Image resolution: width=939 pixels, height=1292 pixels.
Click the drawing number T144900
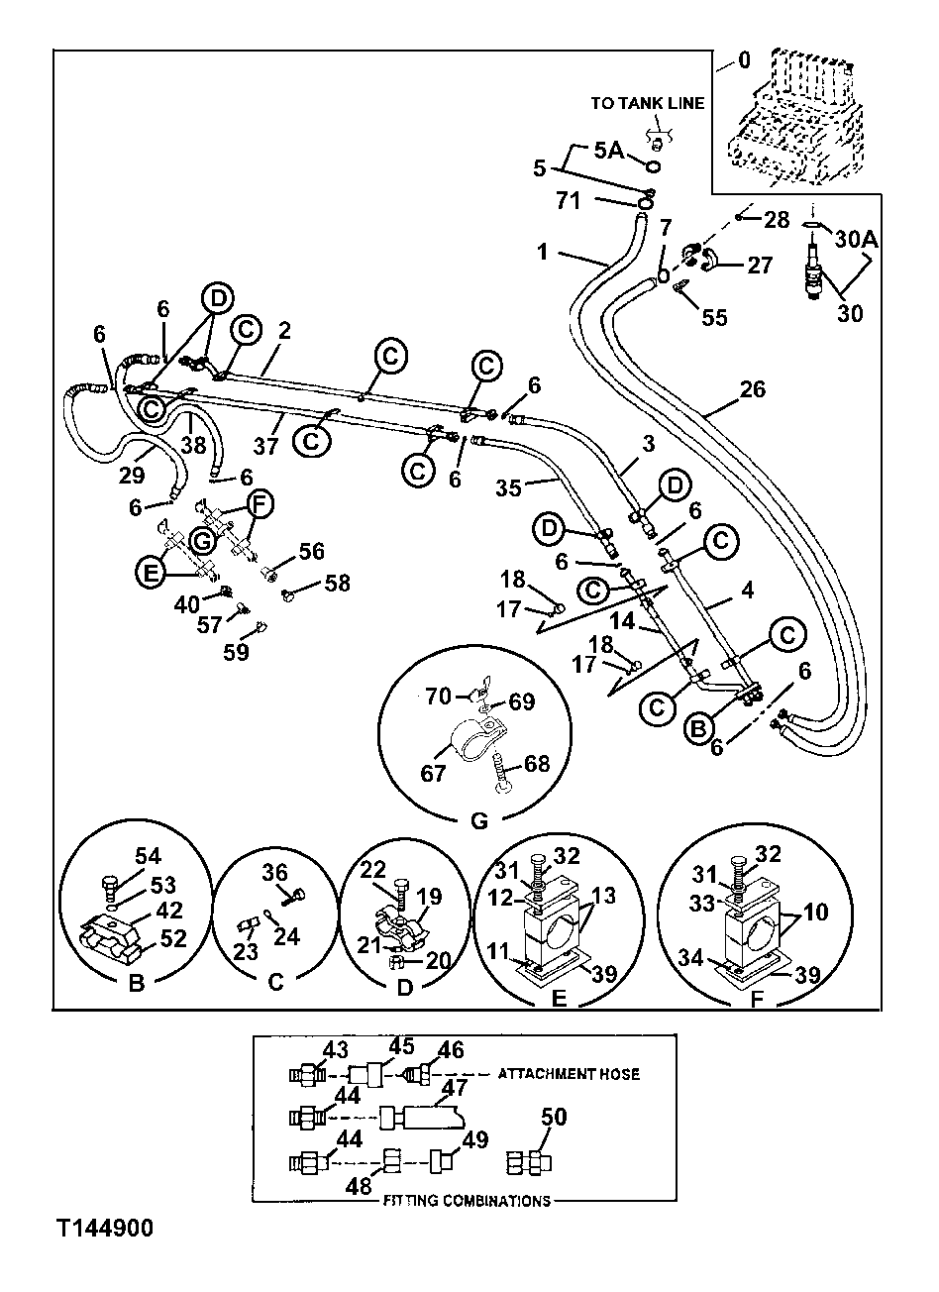tap(105, 1230)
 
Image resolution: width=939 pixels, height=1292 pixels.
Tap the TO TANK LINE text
tap(648, 103)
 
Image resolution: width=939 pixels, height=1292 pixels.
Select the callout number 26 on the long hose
tap(753, 389)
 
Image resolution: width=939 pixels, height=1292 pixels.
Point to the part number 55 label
tap(713, 317)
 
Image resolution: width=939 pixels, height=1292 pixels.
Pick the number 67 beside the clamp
tap(433, 773)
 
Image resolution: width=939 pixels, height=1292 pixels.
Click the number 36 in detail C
tap(274, 871)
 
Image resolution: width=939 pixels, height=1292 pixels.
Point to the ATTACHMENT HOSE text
tap(569, 1073)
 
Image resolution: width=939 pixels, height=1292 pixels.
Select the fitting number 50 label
tap(555, 1117)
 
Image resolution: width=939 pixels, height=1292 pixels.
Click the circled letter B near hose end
tap(699, 727)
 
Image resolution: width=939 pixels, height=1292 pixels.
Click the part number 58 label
tap(337, 583)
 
